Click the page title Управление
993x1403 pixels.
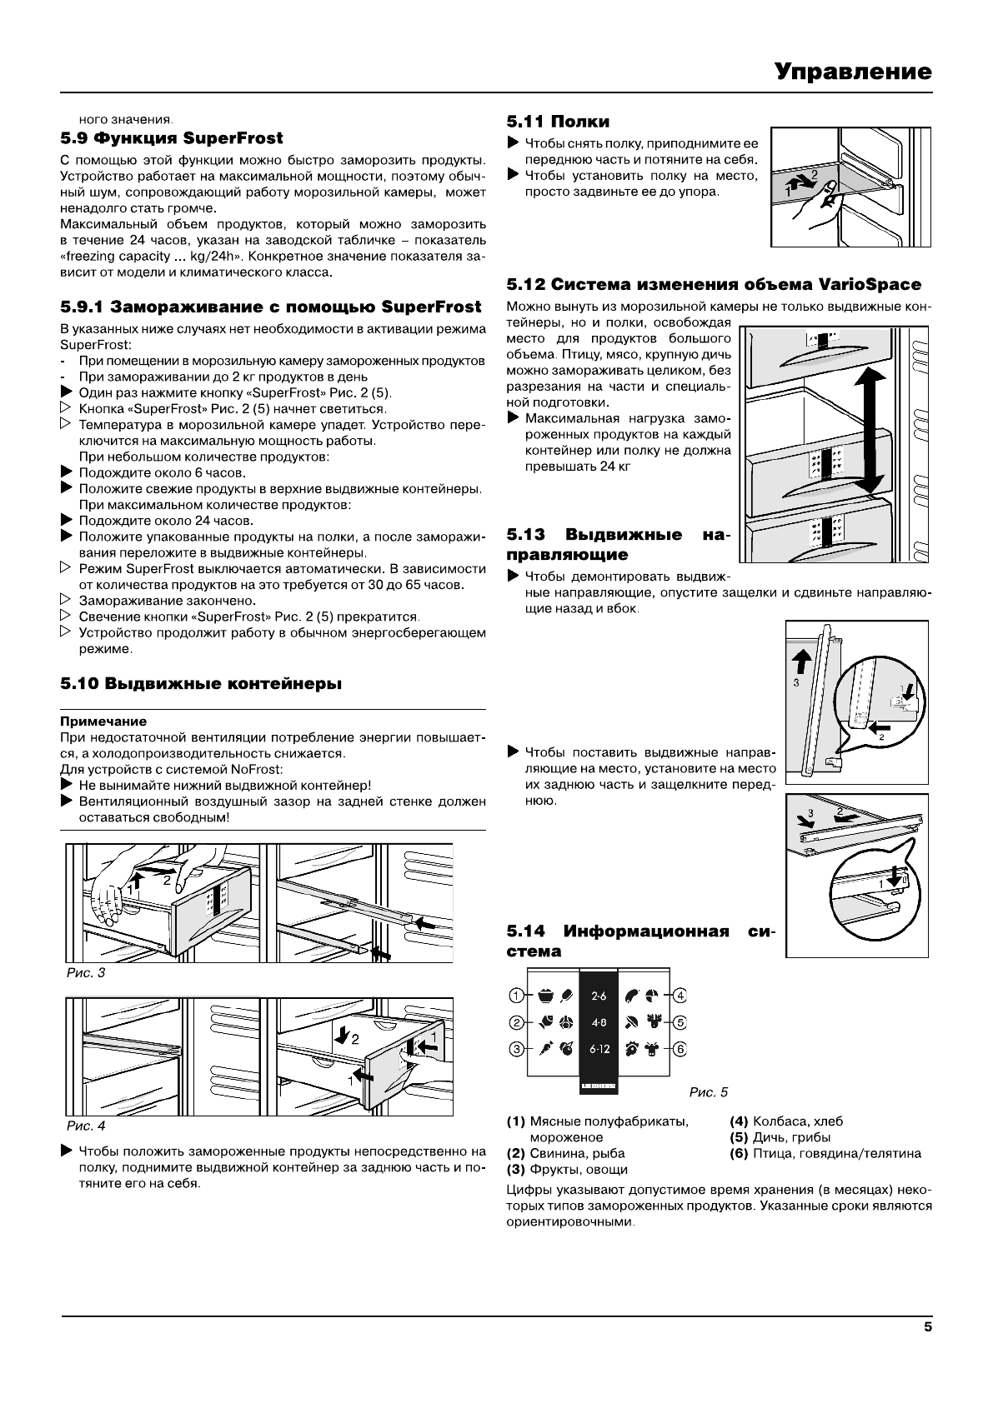click(851, 72)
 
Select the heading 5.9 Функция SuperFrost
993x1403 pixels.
click(172, 137)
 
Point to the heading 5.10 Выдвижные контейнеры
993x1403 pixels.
click(201, 683)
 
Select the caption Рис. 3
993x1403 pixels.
click(85, 972)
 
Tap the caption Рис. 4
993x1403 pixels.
click(85, 1126)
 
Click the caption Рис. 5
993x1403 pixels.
click(709, 1091)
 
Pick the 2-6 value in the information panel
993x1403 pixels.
click(599, 996)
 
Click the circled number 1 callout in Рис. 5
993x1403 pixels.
click(517, 995)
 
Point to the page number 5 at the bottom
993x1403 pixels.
click(927, 1328)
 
